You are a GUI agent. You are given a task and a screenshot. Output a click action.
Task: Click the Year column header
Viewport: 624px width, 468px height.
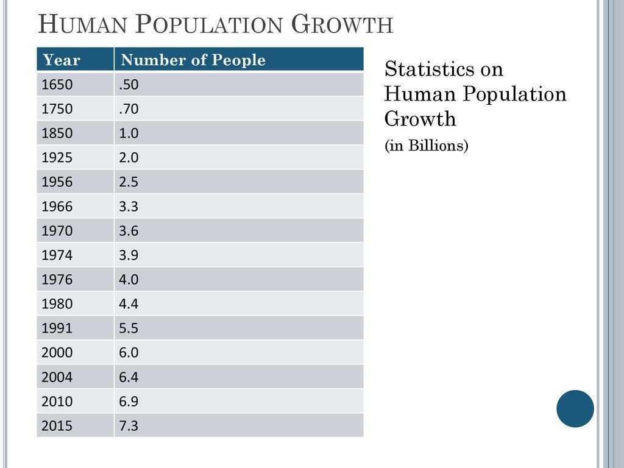click(x=62, y=60)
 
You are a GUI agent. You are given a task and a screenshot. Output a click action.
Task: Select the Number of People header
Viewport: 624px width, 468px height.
click(x=193, y=60)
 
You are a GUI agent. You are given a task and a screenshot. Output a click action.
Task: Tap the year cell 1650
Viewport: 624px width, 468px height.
click(x=57, y=85)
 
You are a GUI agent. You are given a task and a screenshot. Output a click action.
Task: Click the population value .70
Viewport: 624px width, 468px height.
click(x=129, y=109)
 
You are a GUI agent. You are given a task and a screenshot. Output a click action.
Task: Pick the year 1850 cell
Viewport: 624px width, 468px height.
click(x=57, y=133)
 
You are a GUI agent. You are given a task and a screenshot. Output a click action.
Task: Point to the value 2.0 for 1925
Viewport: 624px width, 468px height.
click(x=129, y=158)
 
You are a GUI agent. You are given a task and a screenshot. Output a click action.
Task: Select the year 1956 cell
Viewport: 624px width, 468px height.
click(x=57, y=182)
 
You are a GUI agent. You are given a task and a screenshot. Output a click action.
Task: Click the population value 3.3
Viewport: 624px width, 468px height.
click(x=129, y=207)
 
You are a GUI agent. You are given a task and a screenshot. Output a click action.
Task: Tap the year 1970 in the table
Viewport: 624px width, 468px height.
click(x=57, y=231)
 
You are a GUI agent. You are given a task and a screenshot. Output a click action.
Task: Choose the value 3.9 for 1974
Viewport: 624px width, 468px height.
click(x=129, y=255)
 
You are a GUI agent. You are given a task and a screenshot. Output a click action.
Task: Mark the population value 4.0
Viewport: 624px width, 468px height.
click(x=129, y=280)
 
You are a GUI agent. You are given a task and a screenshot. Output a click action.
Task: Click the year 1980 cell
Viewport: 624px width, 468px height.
click(x=57, y=304)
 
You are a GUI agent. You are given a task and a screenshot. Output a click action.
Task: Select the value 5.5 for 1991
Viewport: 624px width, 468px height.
click(x=129, y=328)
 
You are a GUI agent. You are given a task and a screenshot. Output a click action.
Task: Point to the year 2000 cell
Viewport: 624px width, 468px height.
click(x=57, y=353)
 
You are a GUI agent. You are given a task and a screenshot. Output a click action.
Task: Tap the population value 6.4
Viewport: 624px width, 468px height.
click(x=129, y=377)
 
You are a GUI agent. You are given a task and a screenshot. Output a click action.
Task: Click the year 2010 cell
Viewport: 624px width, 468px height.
click(x=57, y=402)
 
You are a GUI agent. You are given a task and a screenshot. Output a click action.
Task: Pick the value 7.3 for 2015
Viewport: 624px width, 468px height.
click(x=129, y=426)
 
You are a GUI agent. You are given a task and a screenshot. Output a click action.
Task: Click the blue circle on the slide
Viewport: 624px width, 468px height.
click(x=575, y=408)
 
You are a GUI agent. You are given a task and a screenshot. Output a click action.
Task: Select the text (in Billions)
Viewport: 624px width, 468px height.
click(x=426, y=146)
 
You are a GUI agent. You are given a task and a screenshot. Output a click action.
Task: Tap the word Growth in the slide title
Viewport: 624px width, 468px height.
click(x=342, y=25)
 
